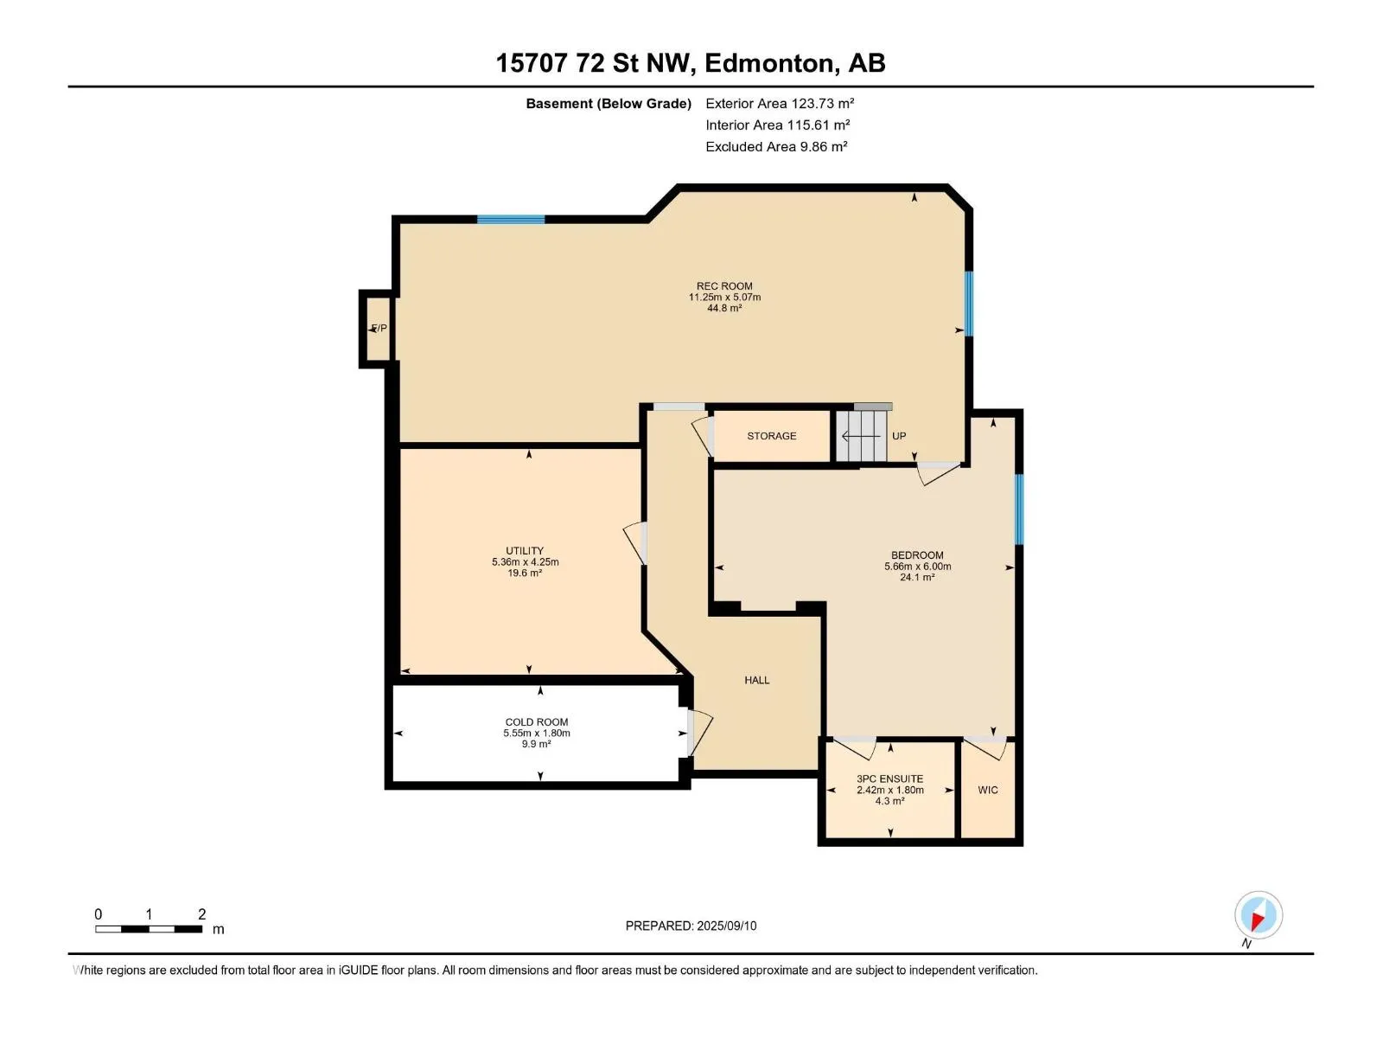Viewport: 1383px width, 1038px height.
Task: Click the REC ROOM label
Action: [724, 285]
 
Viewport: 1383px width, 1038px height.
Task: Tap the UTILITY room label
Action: [524, 550]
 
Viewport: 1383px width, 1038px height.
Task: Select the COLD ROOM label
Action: [536, 721]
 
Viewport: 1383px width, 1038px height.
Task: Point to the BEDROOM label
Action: [917, 554]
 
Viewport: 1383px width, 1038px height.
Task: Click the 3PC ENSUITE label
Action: [889, 778]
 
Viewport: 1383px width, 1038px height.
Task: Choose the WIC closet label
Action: [987, 790]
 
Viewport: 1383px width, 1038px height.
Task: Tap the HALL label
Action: [756, 680]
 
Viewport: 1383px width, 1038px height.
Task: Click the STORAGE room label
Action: [771, 435]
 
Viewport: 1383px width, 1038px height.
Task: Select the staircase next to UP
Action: [861, 436]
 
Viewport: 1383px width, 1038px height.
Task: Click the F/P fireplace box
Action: [377, 329]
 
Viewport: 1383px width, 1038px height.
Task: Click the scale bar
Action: [149, 928]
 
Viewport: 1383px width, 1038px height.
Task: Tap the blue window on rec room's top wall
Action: [510, 220]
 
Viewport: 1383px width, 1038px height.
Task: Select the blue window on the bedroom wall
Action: [1019, 509]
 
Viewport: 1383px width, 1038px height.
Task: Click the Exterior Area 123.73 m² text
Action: [780, 103]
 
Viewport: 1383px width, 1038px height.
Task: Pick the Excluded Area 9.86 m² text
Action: [776, 147]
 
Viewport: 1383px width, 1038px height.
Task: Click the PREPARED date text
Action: [691, 926]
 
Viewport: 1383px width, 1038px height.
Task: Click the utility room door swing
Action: [634, 542]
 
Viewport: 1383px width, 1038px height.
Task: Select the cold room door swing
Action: [699, 733]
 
